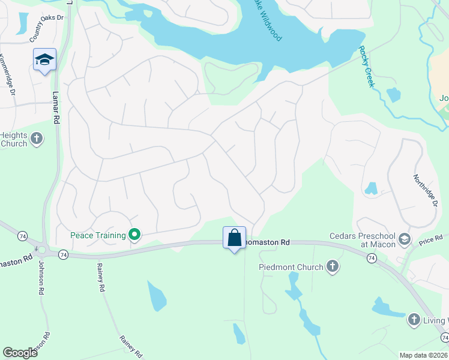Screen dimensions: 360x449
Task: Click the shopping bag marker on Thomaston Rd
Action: pos(234,238)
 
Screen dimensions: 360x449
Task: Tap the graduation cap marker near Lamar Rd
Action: pos(44,60)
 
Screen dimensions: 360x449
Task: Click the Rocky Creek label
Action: pos(366,67)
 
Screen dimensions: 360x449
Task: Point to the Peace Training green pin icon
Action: pos(135,235)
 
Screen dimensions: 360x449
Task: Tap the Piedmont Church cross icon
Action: pos(333,267)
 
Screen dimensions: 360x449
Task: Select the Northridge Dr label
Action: pos(424,190)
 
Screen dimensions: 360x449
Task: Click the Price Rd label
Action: pos(430,240)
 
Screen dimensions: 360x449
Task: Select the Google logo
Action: pos(20,353)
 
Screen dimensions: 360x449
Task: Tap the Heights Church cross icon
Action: pos(36,139)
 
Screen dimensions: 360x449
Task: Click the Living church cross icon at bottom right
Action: pos(414,320)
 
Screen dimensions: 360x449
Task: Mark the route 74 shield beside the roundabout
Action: pos(64,255)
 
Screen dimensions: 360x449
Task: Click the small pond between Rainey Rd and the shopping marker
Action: pos(157,296)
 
